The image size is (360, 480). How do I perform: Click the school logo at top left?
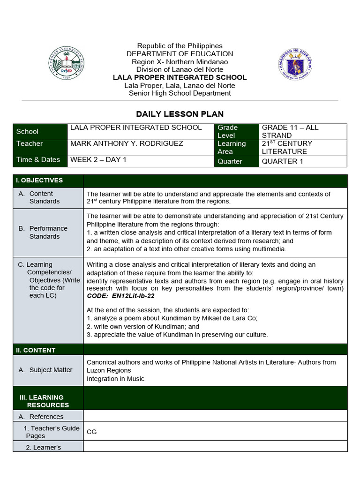click(x=67, y=66)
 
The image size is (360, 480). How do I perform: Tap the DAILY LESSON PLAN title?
click(x=180, y=114)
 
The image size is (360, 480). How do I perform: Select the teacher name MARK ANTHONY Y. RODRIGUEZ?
click(x=127, y=143)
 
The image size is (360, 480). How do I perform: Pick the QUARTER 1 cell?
click(x=279, y=161)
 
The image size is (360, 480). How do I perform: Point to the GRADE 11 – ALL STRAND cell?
click(x=290, y=131)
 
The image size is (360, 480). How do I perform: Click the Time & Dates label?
click(x=38, y=159)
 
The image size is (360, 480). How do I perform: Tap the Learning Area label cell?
click(x=232, y=147)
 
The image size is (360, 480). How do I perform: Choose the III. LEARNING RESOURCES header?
click(x=44, y=401)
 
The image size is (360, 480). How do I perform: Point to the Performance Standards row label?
click(x=48, y=232)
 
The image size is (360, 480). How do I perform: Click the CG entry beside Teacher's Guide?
click(x=92, y=432)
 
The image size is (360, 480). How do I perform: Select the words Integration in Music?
click(x=115, y=379)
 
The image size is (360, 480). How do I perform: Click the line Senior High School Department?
click(x=180, y=93)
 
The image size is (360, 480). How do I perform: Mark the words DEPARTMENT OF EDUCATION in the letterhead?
click(x=180, y=54)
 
